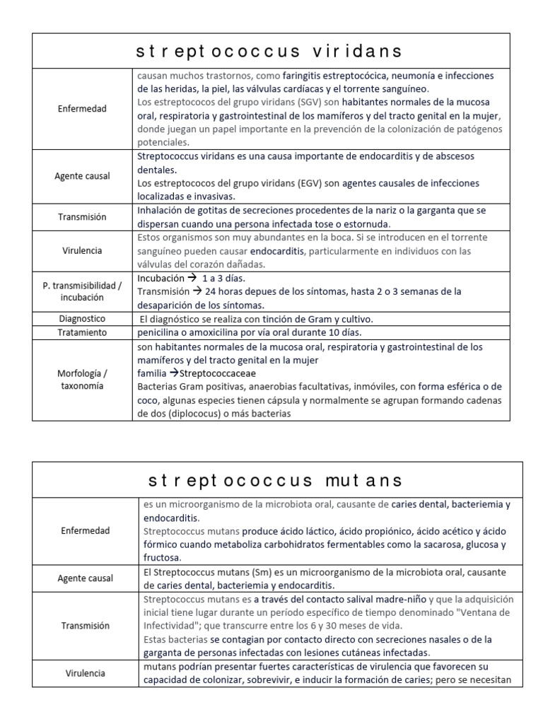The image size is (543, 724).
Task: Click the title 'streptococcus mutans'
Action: [x=276, y=480]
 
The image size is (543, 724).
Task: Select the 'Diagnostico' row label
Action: [x=82, y=319]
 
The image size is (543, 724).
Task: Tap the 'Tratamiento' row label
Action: [x=82, y=332]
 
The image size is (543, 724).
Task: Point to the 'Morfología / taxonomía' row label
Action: [x=82, y=379]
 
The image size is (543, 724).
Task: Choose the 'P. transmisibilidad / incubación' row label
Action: [x=82, y=291]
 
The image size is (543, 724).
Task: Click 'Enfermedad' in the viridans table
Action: [x=82, y=108]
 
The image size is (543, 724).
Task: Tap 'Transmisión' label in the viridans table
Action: [x=82, y=217]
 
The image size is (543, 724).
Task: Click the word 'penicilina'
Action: [x=161, y=332]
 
